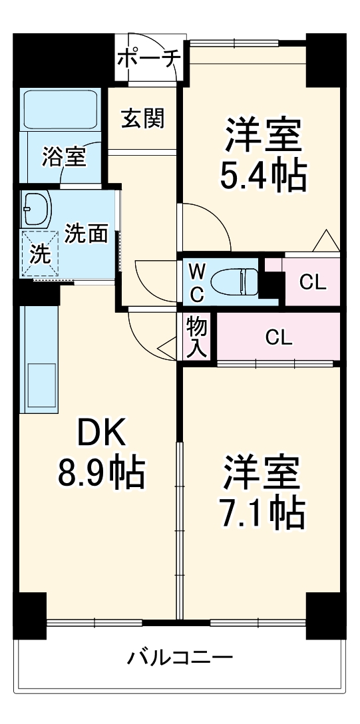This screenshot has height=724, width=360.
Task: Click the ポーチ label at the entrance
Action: pos(149,59)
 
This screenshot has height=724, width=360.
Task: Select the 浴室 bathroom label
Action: pos(64,157)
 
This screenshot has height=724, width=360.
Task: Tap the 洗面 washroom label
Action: pos(87,234)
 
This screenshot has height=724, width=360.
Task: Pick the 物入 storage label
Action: pos(198,337)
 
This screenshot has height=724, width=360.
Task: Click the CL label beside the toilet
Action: pos(312,282)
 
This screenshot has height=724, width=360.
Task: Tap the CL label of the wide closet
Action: pos(279,338)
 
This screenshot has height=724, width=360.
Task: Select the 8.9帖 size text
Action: pos(101,473)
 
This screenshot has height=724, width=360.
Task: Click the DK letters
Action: pos(101,435)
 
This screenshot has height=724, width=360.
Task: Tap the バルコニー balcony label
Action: pos(180,658)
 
